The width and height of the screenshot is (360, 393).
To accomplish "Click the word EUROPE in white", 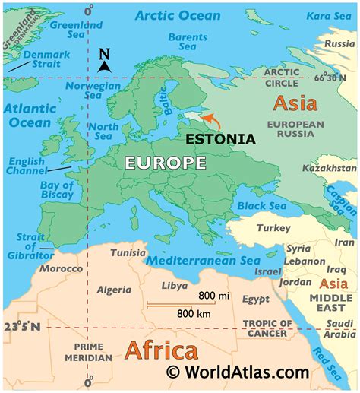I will tap(166, 163).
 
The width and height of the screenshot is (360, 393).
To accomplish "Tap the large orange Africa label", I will tap(160, 351).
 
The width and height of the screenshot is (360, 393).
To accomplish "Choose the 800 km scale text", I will tap(194, 312).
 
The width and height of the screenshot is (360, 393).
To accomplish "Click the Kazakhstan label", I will tap(329, 167).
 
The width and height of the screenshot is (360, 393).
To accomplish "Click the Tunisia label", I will tap(128, 252).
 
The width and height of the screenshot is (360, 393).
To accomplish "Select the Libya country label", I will tap(175, 286).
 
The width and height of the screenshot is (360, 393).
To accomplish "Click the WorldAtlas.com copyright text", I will tap(238, 372).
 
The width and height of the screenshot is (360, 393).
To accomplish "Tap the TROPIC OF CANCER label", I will tap(266, 328).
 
